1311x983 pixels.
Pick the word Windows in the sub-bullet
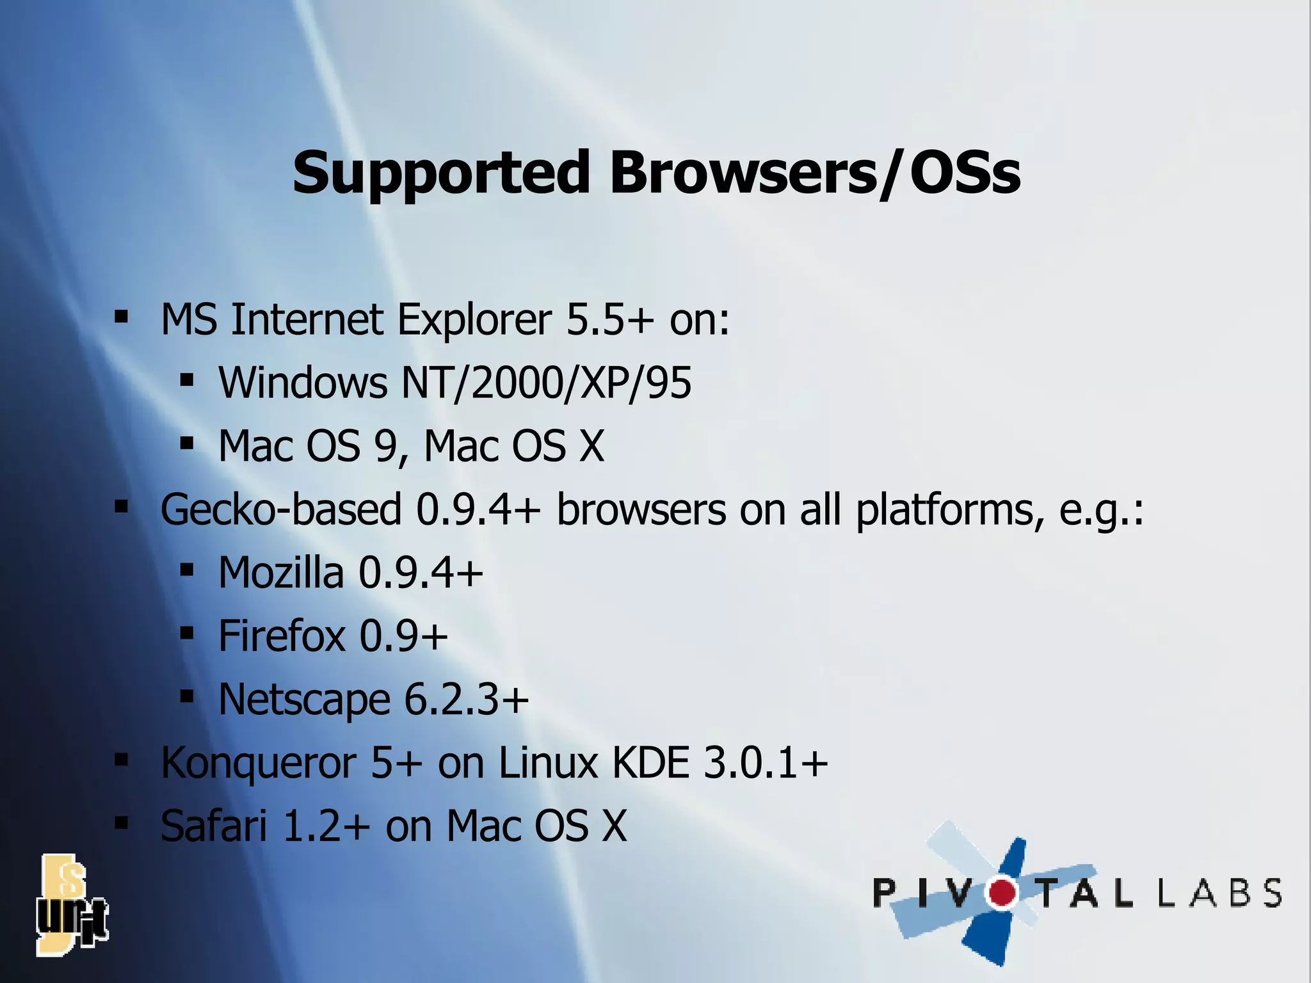point(303,383)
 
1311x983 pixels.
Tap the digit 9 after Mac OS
point(386,446)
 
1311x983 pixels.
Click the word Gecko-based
point(280,509)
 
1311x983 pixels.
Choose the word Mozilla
point(280,572)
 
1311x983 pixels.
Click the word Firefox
point(282,635)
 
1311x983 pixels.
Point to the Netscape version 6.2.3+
point(467,699)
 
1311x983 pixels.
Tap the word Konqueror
point(258,763)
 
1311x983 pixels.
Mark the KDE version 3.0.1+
point(766,763)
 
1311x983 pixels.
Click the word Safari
point(213,826)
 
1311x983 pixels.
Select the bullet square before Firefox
point(186,634)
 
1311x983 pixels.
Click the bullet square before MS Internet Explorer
point(121,316)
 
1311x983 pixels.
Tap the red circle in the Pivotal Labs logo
point(1002,893)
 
